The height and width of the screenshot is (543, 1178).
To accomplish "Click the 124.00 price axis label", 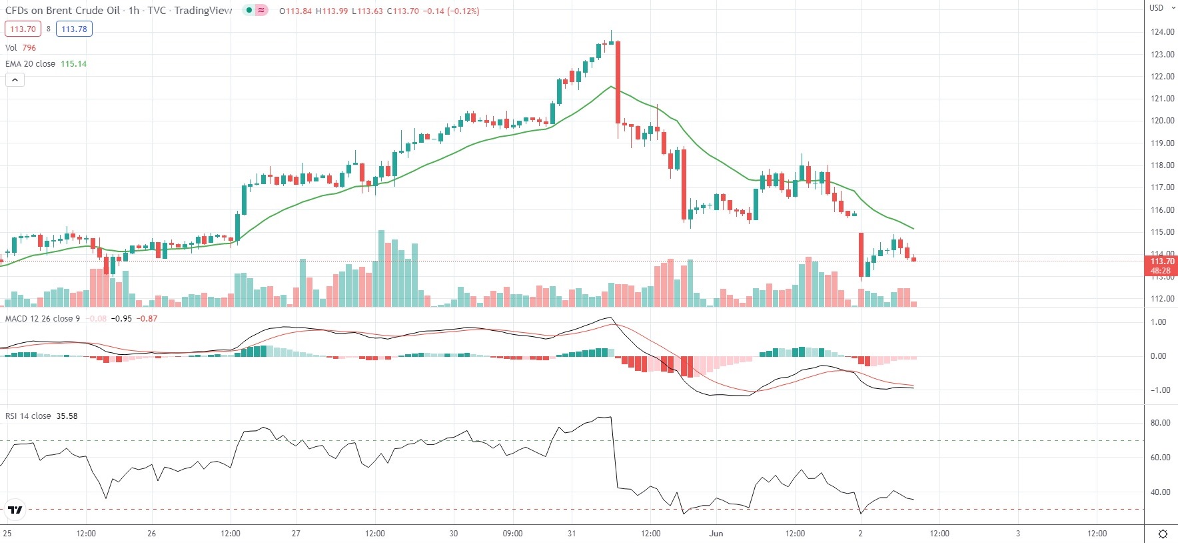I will (1162, 32).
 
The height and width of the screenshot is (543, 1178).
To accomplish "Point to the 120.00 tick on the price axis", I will (1162, 121).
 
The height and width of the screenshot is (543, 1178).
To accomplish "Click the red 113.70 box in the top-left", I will (23, 29).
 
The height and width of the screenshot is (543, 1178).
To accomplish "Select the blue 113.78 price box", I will (74, 29).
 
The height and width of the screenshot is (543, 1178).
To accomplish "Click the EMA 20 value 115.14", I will (73, 64).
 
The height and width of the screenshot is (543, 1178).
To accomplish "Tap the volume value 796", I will (29, 48).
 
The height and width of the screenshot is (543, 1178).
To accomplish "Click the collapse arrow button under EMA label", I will (15, 80).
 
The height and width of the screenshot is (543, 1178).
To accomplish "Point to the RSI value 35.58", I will (67, 416).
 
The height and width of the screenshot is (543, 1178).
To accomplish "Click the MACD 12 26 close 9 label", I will (43, 319).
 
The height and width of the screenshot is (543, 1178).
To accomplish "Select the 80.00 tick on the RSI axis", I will (1160, 423).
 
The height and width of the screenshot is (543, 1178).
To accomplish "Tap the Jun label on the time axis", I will (716, 534).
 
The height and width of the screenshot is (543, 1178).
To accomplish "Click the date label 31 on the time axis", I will (572, 534).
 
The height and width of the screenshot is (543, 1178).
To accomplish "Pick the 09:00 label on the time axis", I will (512, 534).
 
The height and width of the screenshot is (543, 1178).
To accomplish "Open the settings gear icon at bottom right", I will (1163, 534).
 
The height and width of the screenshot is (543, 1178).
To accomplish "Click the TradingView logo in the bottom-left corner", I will (15, 510).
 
